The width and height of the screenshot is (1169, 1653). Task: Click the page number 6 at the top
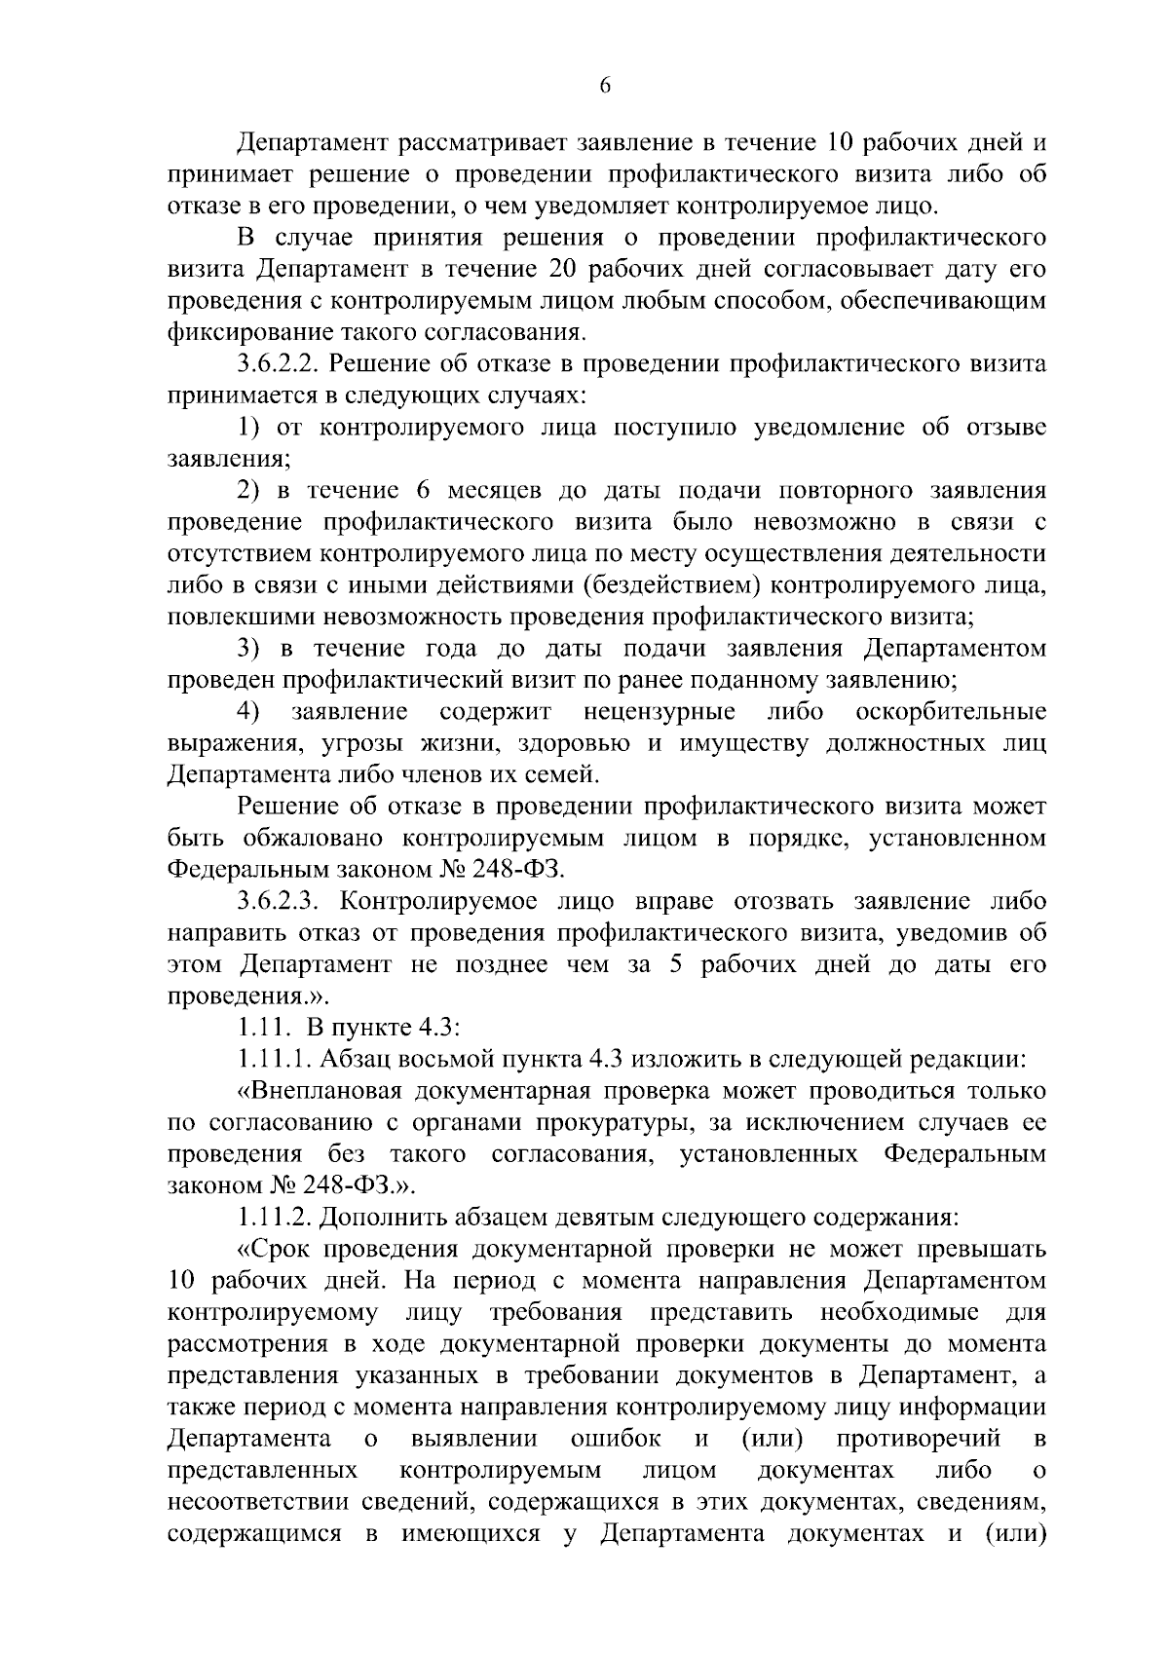point(604,86)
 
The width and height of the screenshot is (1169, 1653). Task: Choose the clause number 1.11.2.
point(274,1217)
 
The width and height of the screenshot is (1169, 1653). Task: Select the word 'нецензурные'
point(660,712)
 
